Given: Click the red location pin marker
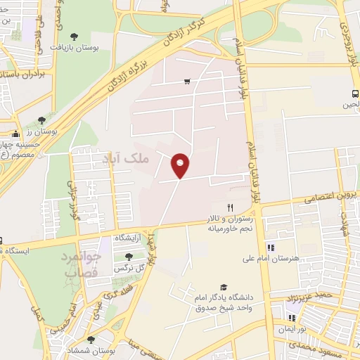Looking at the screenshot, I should (x=181, y=165).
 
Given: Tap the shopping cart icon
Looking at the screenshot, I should (x=186, y=82).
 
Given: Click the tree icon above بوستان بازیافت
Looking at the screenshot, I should (x=75, y=35).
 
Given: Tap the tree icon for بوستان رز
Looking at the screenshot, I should (x=41, y=120).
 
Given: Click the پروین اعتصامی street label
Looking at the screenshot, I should (x=327, y=196).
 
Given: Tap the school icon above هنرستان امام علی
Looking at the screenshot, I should (x=271, y=247).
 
